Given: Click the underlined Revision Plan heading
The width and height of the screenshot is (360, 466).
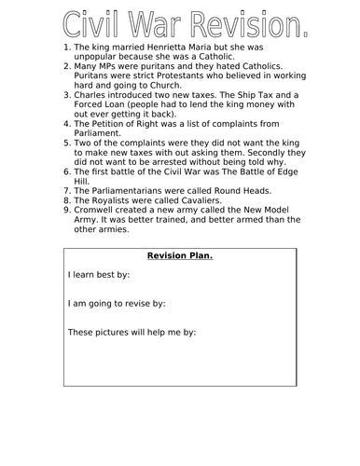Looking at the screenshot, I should click(x=180, y=257).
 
